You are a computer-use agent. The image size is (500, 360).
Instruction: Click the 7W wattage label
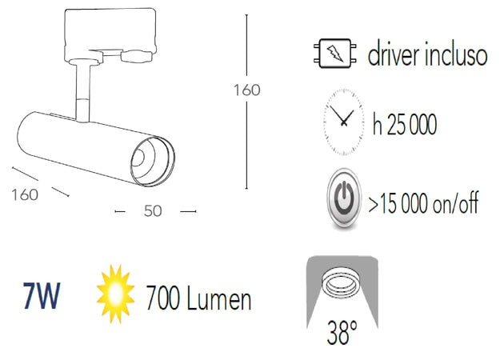[41, 298]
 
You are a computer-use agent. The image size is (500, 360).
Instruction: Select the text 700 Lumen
[198, 299]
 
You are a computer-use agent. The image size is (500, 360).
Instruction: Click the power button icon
[345, 198]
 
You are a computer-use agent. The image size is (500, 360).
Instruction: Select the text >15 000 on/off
[423, 202]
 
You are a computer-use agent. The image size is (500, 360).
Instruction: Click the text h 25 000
[404, 125]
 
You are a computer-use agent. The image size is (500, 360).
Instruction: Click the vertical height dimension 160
[246, 90]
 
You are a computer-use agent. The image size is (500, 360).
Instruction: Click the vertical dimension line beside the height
[246, 144]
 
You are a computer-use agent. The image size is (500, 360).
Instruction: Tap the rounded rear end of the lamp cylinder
[26, 135]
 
